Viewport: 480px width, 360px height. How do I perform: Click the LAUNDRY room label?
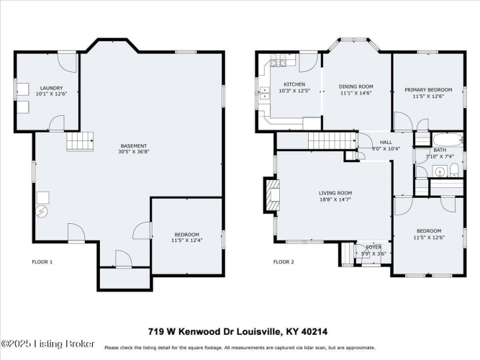(51, 89)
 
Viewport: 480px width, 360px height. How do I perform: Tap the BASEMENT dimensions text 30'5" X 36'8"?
(134, 151)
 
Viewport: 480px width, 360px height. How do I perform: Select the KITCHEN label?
(294, 84)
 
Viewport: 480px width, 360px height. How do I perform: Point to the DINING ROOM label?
(356, 86)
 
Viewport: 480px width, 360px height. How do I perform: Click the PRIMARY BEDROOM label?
(428, 90)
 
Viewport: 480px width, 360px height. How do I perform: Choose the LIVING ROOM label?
(335, 193)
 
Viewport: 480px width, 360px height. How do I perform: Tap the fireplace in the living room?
(272, 195)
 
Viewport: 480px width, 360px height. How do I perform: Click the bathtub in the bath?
(448, 140)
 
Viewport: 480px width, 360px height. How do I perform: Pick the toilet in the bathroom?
(454, 171)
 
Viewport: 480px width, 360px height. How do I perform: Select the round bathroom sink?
(440, 171)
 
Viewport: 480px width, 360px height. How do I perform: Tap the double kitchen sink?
(264, 93)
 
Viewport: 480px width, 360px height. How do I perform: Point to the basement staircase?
(80, 141)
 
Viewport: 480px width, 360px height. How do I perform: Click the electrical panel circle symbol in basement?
(41, 212)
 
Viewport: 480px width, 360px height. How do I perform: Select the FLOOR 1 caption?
(42, 262)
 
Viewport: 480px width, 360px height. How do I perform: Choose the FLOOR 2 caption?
(284, 262)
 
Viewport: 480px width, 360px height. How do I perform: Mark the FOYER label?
(373, 247)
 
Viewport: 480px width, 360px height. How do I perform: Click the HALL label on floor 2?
(386, 142)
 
